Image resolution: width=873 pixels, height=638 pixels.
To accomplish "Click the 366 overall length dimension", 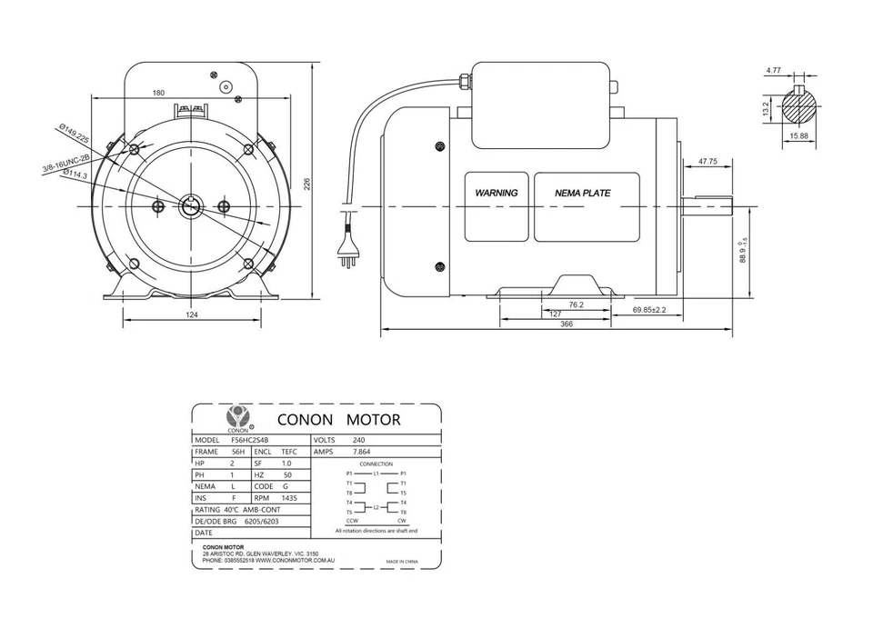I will pyautogui.click(x=567, y=324).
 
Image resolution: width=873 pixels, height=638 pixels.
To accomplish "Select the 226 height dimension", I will pyautogui.click(x=306, y=184).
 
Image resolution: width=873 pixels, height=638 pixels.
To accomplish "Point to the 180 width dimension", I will pyautogui.click(x=158, y=93).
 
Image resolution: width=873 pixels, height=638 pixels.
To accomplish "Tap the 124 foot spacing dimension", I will pyautogui.click(x=192, y=314).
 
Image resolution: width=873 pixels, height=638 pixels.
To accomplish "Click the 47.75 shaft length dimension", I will pyautogui.click(x=707, y=161).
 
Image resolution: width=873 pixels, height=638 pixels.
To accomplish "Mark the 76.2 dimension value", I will pyautogui.click(x=576, y=304).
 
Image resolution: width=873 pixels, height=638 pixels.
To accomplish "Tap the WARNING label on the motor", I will pyautogui.click(x=497, y=193).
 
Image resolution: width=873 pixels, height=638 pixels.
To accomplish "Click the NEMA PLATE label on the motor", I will pyautogui.click(x=583, y=193).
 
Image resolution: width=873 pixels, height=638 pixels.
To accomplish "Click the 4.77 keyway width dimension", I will pyautogui.click(x=773, y=70).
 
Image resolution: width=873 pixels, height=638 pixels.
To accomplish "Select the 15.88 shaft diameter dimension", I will pyautogui.click(x=800, y=136).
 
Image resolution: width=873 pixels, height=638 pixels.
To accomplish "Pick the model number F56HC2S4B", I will pyautogui.click(x=250, y=439).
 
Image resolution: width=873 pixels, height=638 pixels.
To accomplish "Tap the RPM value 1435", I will pyautogui.click(x=290, y=498).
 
